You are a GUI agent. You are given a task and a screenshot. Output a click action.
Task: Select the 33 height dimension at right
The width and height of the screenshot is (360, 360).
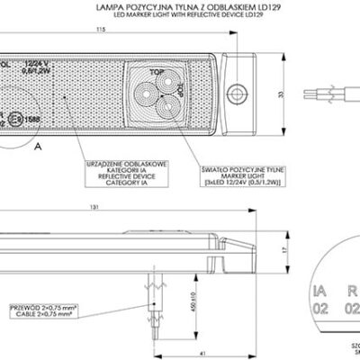pyautogui.click(x=280, y=94)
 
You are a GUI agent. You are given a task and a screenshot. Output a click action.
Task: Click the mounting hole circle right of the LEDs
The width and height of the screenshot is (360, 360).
pyautogui.click(x=238, y=91)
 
